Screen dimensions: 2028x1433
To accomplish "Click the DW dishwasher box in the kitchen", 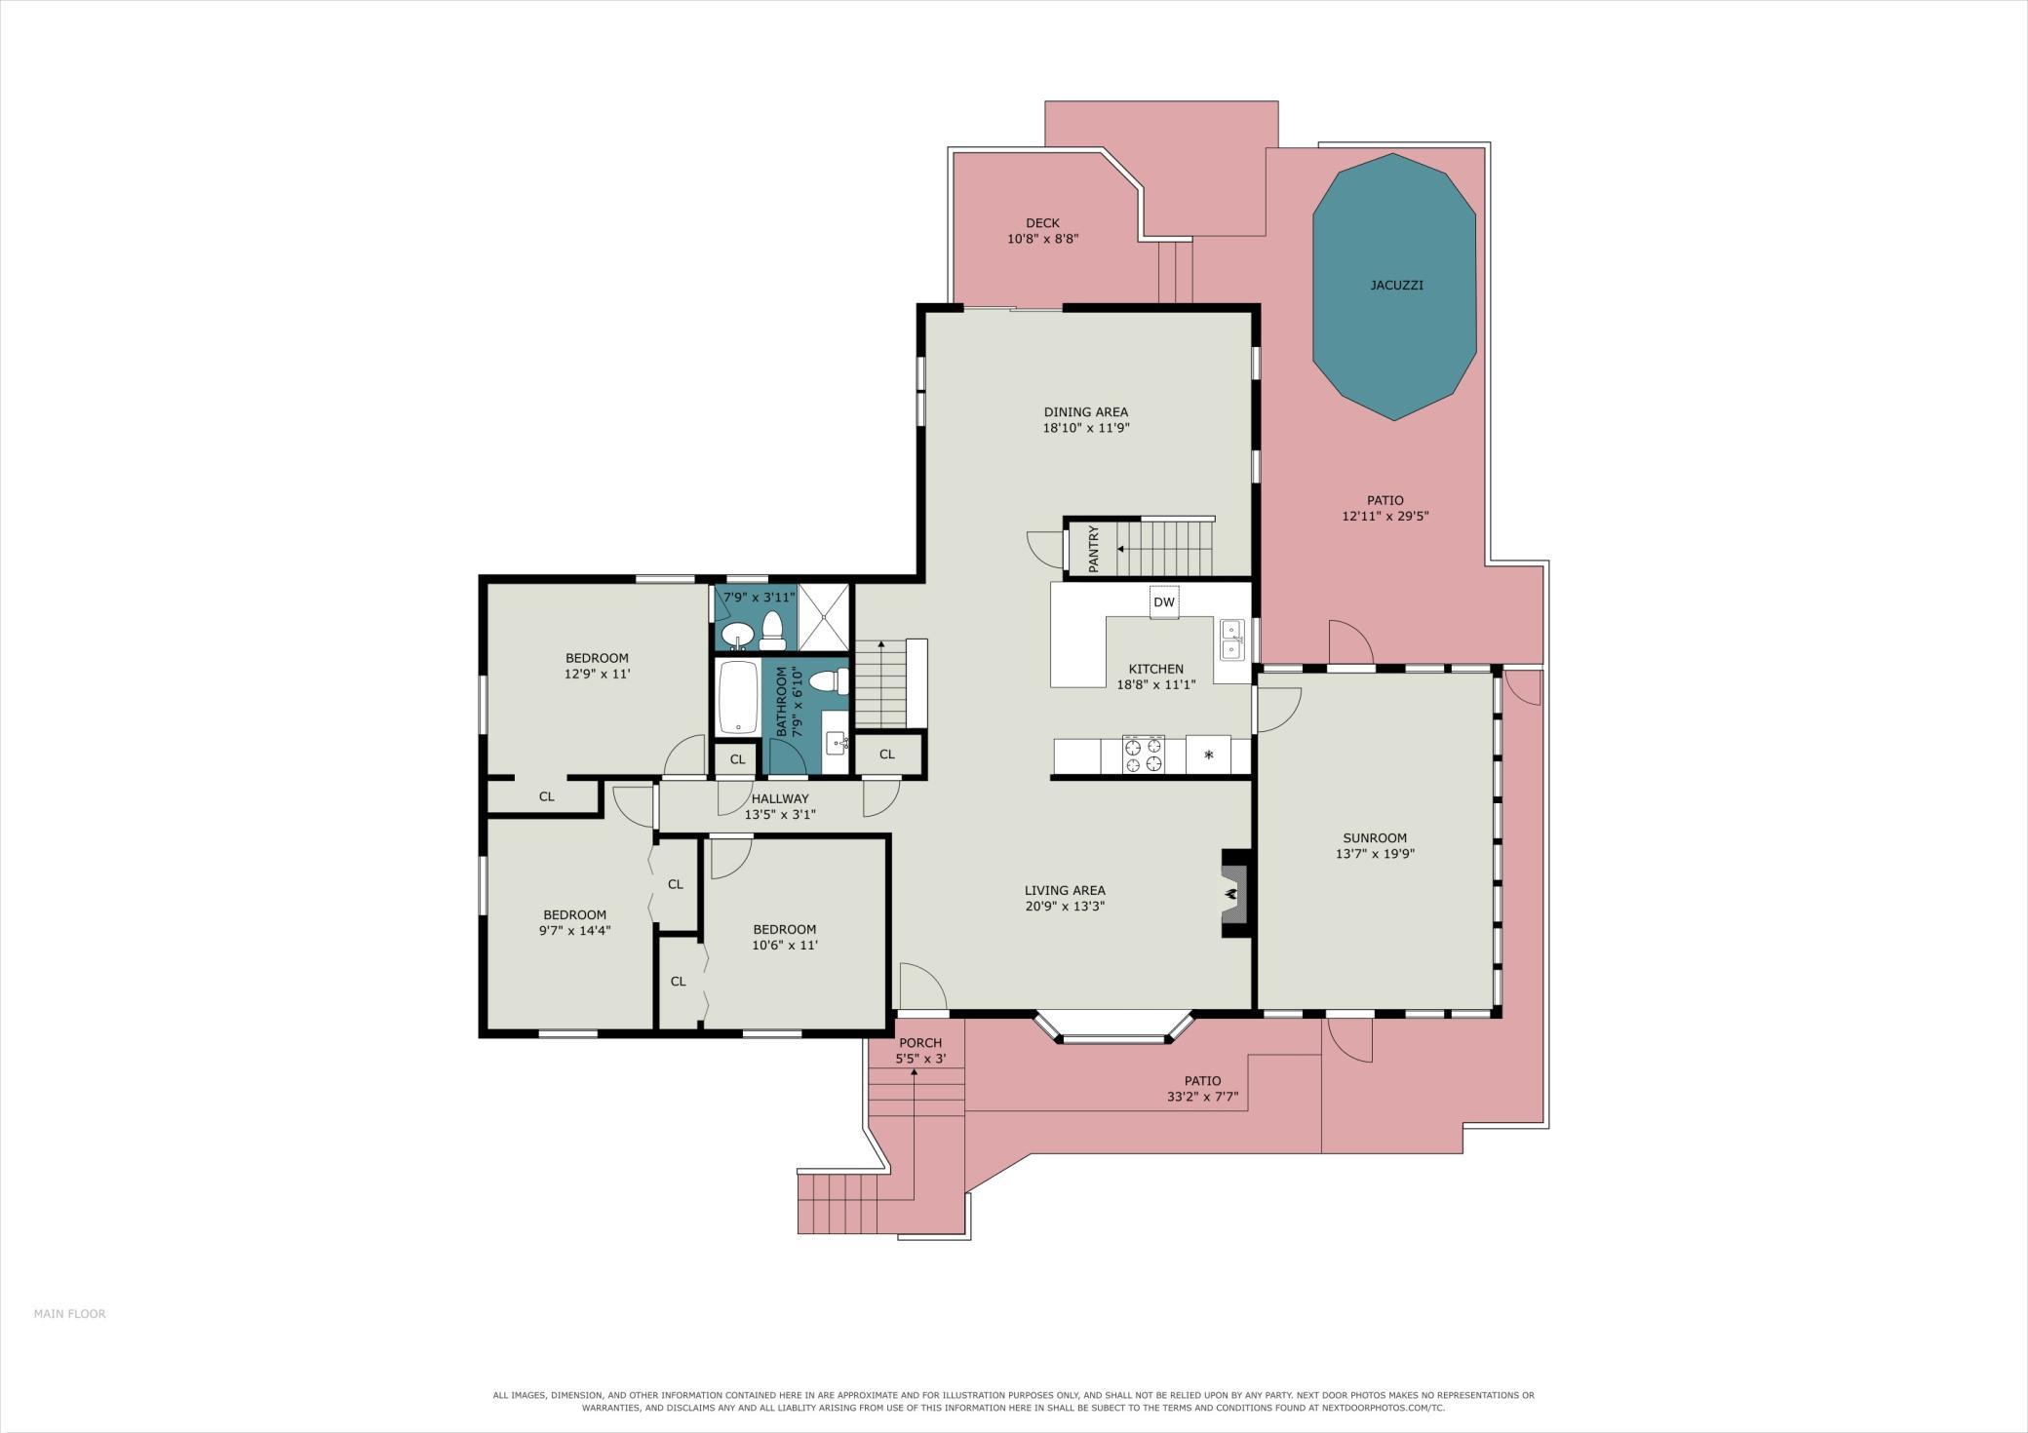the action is (x=1164, y=601).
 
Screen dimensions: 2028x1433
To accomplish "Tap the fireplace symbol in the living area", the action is (x=1232, y=893).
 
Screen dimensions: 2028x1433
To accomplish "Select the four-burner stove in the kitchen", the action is (x=1143, y=755).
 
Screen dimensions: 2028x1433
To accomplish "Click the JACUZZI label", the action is (x=1396, y=286).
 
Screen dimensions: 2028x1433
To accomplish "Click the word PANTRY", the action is (x=1094, y=548).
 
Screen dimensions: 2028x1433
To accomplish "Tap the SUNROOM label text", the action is (x=1375, y=837).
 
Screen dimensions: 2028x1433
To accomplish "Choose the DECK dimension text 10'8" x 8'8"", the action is (x=1042, y=239).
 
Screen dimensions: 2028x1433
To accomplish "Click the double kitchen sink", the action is (x=1232, y=639).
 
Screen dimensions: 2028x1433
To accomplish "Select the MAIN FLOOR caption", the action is (x=69, y=1313).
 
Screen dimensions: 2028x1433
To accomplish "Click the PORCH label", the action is (x=920, y=1043).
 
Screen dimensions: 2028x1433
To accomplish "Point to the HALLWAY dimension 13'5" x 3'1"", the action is (x=780, y=814).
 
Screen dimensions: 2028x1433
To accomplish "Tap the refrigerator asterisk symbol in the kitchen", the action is (x=1209, y=755).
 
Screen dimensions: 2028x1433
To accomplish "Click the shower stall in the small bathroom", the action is (x=824, y=618).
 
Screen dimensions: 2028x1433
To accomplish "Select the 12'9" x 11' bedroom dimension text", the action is (x=597, y=674).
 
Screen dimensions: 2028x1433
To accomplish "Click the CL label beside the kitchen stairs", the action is (x=887, y=755).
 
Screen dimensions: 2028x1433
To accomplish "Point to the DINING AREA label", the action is (x=1086, y=412).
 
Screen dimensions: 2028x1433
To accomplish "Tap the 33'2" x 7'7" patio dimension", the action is (x=1202, y=1097).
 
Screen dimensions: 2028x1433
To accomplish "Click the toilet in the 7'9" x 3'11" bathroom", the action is (x=773, y=629).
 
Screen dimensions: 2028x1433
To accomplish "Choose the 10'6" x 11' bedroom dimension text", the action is (x=785, y=945).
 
